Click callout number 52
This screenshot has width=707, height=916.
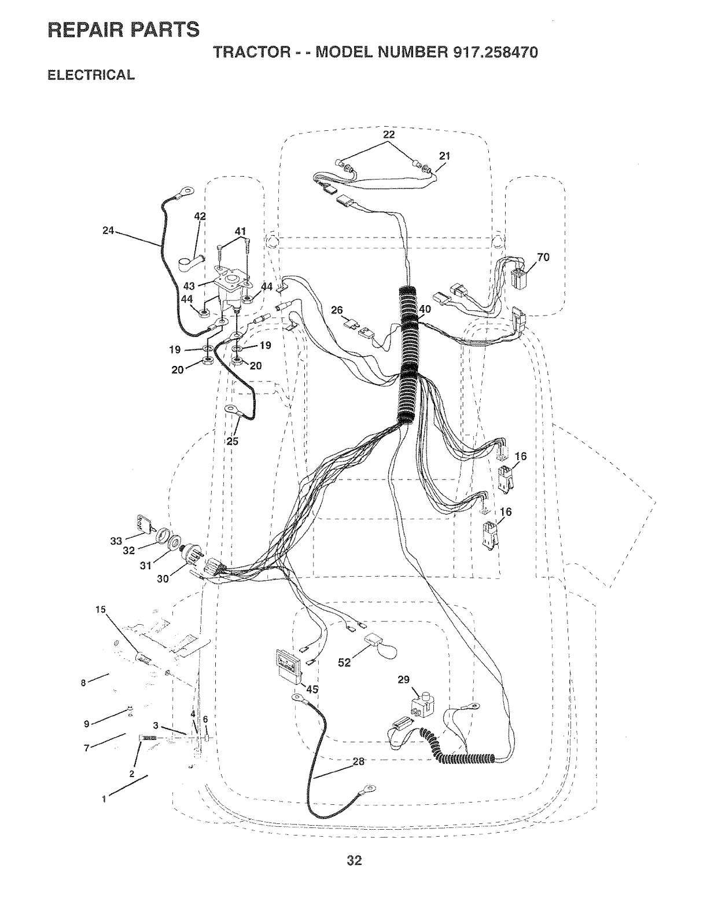click(x=345, y=663)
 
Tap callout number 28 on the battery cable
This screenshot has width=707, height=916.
click(x=359, y=761)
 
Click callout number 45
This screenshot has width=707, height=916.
click(x=312, y=689)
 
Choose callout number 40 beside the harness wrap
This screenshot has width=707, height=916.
click(x=425, y=309)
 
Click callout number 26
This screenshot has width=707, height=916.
click(x=337, y=310)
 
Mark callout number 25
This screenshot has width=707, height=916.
click(x=233, y=441)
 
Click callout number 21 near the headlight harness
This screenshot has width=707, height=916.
click(x=444, y=155)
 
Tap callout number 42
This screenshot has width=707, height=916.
click(x=200, y=216)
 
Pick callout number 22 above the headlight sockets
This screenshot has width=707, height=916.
click(x=389, y=134)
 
